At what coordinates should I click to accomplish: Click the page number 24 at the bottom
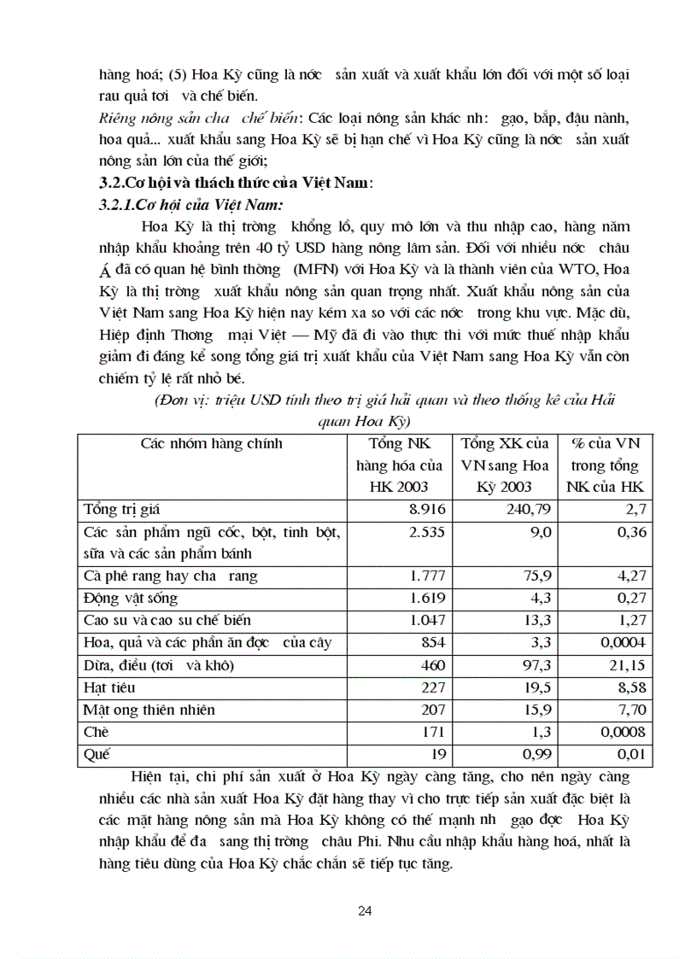click(x=365, y=910)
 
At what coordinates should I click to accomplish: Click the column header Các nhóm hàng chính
click(x=211, y=443)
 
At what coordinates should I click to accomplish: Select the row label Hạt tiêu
click(x=109, y=687)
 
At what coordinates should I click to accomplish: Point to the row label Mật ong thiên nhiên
click(x=149, y=710)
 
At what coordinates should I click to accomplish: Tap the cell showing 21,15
click(x=629, y=665)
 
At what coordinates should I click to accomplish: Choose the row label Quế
click(x=97, y=754)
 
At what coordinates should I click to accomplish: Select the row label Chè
click(x=97, y=732)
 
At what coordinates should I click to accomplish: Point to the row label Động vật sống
click(x=131, y=599)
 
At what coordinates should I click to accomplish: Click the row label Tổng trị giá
click(x=122, y=510)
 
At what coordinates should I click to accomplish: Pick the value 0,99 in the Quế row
click(x=535, y=754)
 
